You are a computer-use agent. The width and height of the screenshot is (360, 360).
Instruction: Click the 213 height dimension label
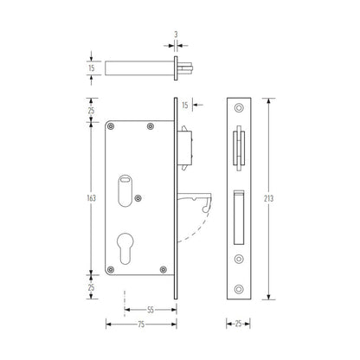click(268, 198)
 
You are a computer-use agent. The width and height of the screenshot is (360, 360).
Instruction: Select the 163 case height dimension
click(91, 198)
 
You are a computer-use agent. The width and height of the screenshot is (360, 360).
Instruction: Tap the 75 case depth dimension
click(141, 325)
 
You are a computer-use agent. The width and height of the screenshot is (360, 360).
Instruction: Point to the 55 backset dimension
click(151, 310)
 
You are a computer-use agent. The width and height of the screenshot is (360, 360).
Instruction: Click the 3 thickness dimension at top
click(176, 35)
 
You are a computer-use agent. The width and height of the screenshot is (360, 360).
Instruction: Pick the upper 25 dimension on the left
click(91, 111)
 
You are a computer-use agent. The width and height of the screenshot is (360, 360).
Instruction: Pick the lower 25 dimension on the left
click(91, 287)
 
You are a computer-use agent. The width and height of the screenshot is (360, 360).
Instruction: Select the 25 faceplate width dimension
click(238, 324)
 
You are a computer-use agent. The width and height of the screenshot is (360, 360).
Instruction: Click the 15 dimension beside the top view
click(91, 68)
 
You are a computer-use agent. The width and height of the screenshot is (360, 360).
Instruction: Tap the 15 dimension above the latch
click(185, 105)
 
